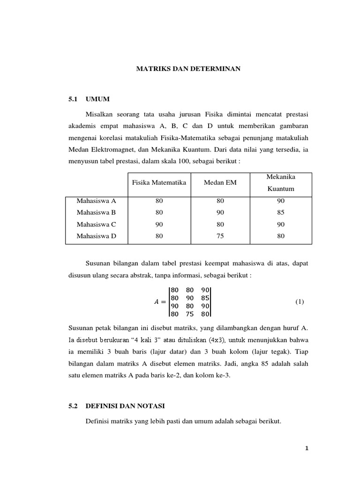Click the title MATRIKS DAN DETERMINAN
[x=188, y=69]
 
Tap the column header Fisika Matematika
[x=159, y=182]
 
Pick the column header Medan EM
[x=220, y=182]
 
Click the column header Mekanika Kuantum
[x=281, y=182]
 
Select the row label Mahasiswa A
[x=96, y=201]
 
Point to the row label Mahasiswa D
[x=96, y=236]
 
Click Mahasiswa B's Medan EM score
[x=220, y=212]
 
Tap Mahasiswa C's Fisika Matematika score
[x=159, y=225]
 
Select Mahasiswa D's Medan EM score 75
[x=220, y=236]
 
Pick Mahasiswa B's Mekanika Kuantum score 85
[x=281, y=212]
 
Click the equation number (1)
[x=300, y=302]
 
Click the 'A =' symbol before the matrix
[x=160, y=302]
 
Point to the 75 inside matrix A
[x=189, y=315]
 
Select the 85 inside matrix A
[x=204, y=298]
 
